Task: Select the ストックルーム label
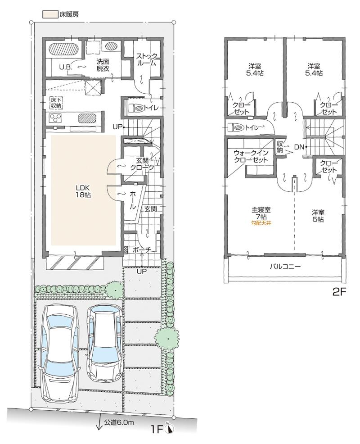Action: point(147,60)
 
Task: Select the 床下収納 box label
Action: point(56,102)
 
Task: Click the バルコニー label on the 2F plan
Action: point(285,266)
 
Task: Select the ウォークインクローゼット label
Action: point(251,156)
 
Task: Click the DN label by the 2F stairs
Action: point(299,147)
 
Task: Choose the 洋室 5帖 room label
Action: point(318,216)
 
